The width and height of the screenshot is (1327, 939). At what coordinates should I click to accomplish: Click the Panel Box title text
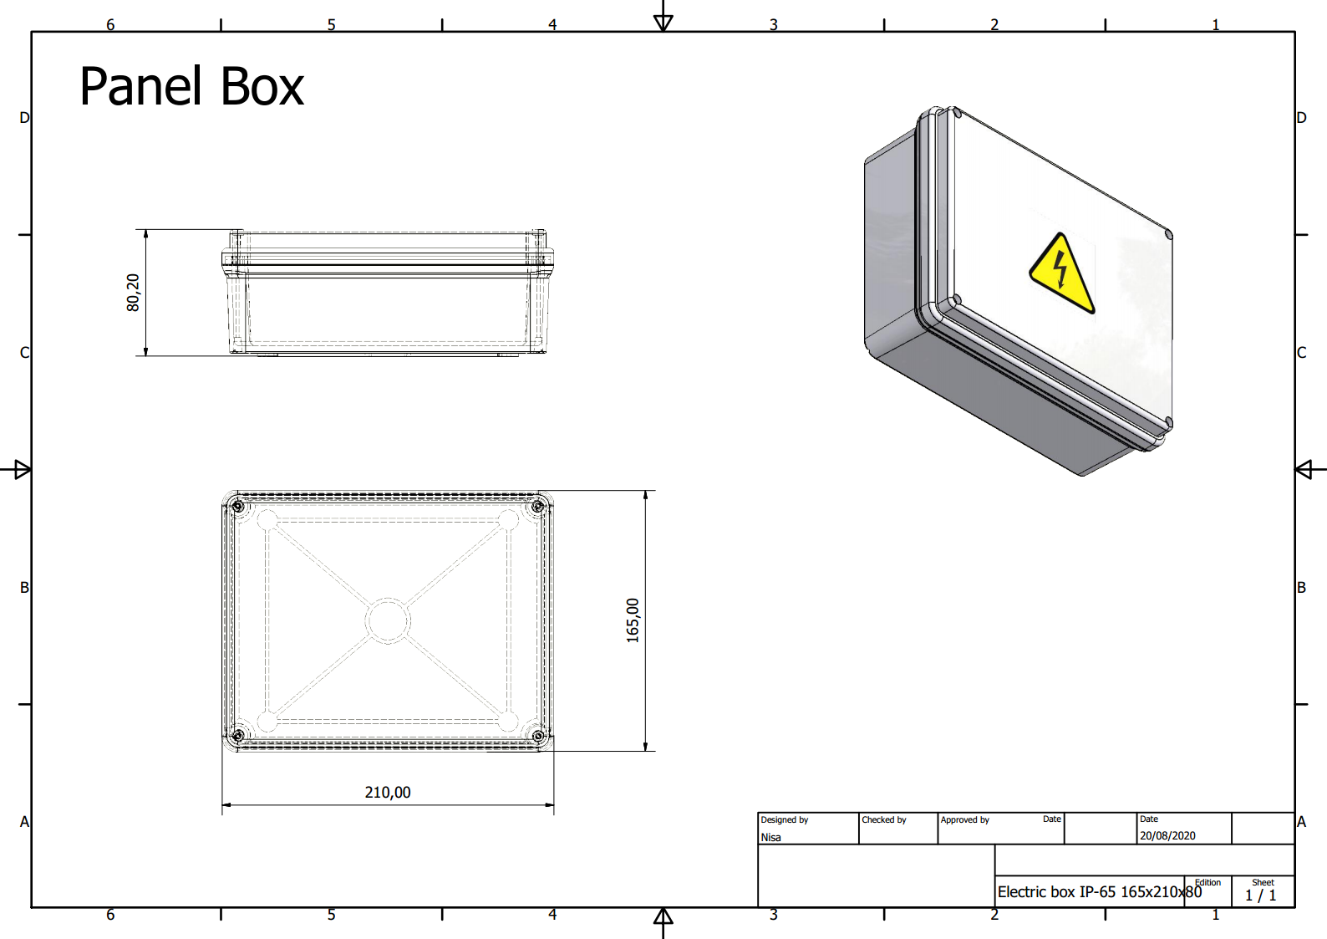click(x=191, y=87)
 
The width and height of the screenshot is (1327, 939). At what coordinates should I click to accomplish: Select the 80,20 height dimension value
click(x=133, y=293)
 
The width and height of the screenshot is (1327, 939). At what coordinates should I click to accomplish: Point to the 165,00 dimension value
click(x=633, y=620)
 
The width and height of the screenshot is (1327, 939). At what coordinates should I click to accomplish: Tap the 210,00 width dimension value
click(x=388, y=792)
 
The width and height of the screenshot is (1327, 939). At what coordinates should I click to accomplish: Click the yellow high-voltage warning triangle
click(x=1061, y=273)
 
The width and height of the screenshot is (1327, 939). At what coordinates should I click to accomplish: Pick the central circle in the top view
click(x=388, y=620)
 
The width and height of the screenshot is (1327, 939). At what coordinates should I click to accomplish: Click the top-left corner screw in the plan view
click(x=237, y=506)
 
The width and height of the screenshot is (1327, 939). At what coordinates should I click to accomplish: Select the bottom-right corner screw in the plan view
click(x=538, y=736)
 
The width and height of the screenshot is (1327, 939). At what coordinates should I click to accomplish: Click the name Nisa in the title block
click(x=770, y=837)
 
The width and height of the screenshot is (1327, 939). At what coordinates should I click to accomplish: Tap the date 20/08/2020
click(x=1167, y=835)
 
